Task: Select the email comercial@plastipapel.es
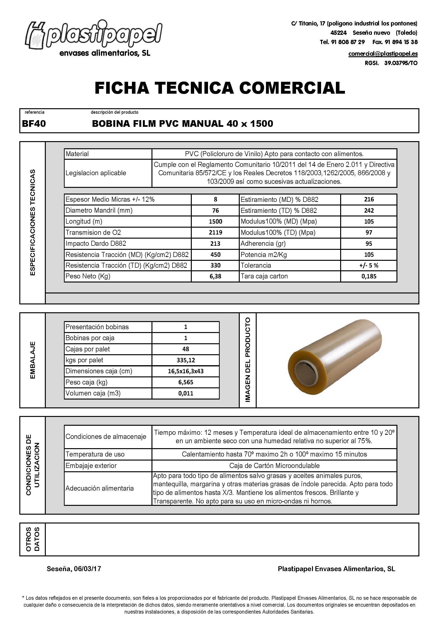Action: point(383,54)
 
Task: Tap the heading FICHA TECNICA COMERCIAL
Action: point(220,88)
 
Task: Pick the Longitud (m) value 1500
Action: point(215,222)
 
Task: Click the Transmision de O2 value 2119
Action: point(215,233)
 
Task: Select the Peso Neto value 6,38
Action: point(215,277)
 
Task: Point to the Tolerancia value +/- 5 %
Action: point(369,265)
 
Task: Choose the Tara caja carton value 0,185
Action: point(369,277)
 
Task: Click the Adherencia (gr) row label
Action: point(263,244)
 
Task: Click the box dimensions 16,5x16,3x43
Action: point(185,371)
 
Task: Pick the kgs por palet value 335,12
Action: point(185,360)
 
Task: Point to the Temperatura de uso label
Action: point(95,454)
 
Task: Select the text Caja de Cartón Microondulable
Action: point(274,466)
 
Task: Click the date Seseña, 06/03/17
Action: point(74,569)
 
